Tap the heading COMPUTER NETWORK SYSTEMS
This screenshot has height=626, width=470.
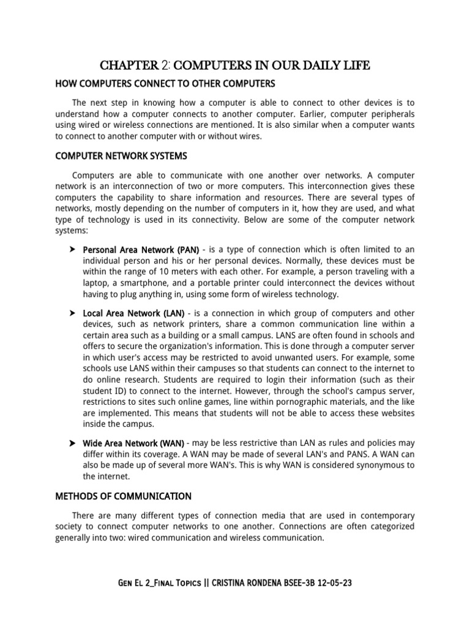pos(121,156)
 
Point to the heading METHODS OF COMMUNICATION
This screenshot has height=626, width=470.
pos(123,496)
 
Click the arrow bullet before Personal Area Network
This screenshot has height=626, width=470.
pos(72,249)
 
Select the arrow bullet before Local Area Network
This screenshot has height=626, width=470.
pos(72,313)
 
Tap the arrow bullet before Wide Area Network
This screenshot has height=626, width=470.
pos(72,443)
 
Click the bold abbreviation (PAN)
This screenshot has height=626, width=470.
pos(188,249)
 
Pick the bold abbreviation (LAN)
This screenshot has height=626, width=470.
pos(173,313)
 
